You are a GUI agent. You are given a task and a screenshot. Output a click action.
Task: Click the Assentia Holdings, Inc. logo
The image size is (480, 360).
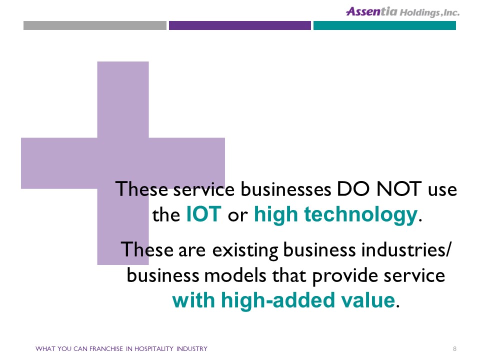(x=402, y=11)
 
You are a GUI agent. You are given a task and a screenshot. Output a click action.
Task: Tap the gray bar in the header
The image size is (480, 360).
(x=95, y=25)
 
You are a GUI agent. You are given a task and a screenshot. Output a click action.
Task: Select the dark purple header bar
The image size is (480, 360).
(x=239, y=25)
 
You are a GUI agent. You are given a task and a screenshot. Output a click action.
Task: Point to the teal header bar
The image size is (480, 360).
(x=384, y=25)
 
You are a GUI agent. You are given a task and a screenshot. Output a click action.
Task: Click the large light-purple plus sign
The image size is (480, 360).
(x=123, y=163)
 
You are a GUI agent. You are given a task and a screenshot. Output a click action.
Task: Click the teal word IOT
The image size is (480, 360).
(x=204, y=214)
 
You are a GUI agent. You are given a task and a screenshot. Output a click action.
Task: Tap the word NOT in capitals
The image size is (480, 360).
(x=399, y=189)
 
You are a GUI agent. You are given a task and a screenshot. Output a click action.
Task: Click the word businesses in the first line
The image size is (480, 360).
(x=286, y=189)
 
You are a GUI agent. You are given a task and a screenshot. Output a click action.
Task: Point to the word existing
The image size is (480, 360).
(x=245, y=250)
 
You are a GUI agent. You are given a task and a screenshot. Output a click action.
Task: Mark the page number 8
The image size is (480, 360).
(x=454, y=348)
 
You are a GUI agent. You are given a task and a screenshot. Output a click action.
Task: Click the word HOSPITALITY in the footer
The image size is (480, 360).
(x=153, y=348)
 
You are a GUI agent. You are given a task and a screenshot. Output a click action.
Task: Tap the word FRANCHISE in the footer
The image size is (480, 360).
(x=106, y=348)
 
